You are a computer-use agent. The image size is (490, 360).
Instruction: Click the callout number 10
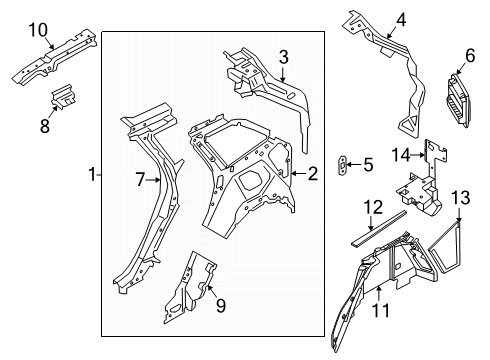pyautogui.click(x=38, y=30)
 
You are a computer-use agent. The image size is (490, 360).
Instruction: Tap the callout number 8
pyautogui.click(x=45, y=126)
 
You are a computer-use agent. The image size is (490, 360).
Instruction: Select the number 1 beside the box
pyautogui.click(x=93, y=174)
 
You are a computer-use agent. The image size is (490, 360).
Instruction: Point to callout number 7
pyautogui.click(x=140, y=180)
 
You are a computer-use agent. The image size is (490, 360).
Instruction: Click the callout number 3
pyautogui.click(x=283, y=57)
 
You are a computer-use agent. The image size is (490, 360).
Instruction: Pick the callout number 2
pyautogui.click(x=313, y=174)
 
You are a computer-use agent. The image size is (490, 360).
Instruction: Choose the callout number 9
pyautogui.click(x=221, y=305)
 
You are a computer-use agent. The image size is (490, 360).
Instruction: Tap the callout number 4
pyautogui.click(x=401, y=20)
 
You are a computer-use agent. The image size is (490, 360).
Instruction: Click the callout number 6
pyautogui.click(x=470, y=55)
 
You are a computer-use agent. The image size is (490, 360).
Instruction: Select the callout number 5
pyautogui.click(x=368, y=165)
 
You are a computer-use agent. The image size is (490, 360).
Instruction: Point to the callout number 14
pyautogui.click(x=401, y=155)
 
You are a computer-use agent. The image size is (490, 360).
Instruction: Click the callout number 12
pyautogui.click(x=373, y=207)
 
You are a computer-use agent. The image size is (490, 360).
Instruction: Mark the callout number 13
pyautogui.click(x=461, y=197)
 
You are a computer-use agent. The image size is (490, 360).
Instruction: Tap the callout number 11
pyautogui.click(x=380, y=310)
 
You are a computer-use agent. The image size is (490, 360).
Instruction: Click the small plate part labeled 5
pyautogui.click(x=343, y=165)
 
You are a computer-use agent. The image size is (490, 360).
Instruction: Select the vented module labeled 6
pyautogui.click(x=459, y=100)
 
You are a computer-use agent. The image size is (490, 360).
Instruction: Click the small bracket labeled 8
pyautogui.click(x=63, y=96)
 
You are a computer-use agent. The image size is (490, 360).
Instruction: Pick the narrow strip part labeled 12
pyautogui.click(x=379, y=228)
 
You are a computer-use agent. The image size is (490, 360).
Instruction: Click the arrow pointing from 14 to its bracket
pyautogui.click(x=418, y=155)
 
